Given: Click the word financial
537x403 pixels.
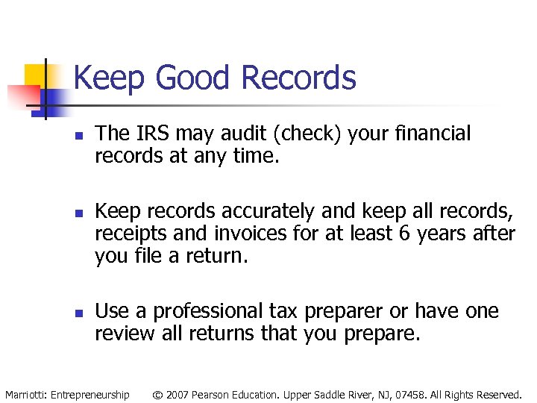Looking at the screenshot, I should point(438,134).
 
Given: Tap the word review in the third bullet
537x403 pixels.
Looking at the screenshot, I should point(125,333).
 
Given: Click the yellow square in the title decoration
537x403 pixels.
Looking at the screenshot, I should point(36,76).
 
